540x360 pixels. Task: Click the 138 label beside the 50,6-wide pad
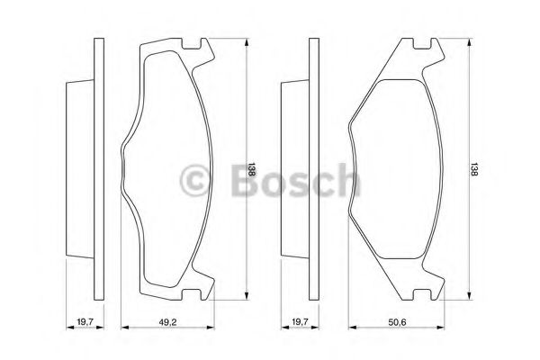pyautogui.click(x=474, y=172)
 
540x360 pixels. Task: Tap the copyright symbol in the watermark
pyautogui.click(x=195, y=180)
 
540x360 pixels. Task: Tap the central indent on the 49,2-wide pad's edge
pyautogui.click(x=123, y=172)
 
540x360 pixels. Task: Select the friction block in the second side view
pyautogui.click(x=292, y=172)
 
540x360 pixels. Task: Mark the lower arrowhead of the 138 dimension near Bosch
pyautogui.click(x=247, y=301)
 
